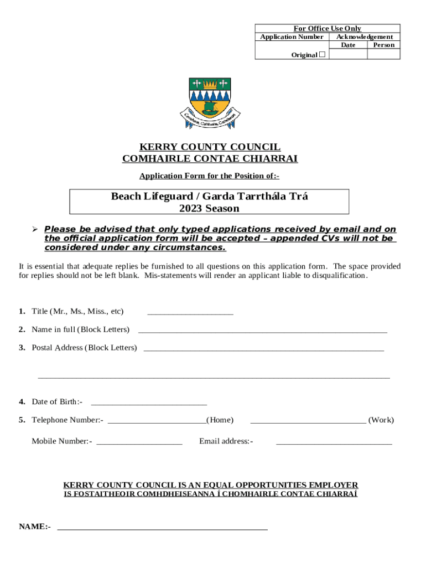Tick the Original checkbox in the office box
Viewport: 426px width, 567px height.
(x=323, y=54)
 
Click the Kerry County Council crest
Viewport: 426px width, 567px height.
(x=209, y=103)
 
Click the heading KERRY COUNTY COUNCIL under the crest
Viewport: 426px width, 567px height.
(x=210, y=147)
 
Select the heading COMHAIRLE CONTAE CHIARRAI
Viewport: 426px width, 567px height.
(x=210, y=159)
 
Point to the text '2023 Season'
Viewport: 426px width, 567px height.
(x=209, y=209)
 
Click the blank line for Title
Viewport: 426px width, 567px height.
(x=190, y=313)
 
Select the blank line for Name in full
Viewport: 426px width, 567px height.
(x=262, y=331)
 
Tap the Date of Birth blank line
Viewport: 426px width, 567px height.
(x=149, y=403)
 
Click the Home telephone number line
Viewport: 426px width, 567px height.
(x=157, y=421)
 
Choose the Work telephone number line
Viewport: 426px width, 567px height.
(x=308, y=421)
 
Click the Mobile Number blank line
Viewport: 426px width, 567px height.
(x=139, y=442)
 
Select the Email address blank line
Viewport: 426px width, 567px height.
(x=334, y=442)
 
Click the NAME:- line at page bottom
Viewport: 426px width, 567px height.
(x=162, y=528)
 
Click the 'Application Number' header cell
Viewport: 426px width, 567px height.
(x=292, y=37)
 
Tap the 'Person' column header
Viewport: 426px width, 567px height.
(x=383, y=45)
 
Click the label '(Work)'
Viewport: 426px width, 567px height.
(x=381, y=420)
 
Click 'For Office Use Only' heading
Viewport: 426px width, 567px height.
(x=327, y=28)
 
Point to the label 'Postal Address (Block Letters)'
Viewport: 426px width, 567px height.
(x=84, y=348)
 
